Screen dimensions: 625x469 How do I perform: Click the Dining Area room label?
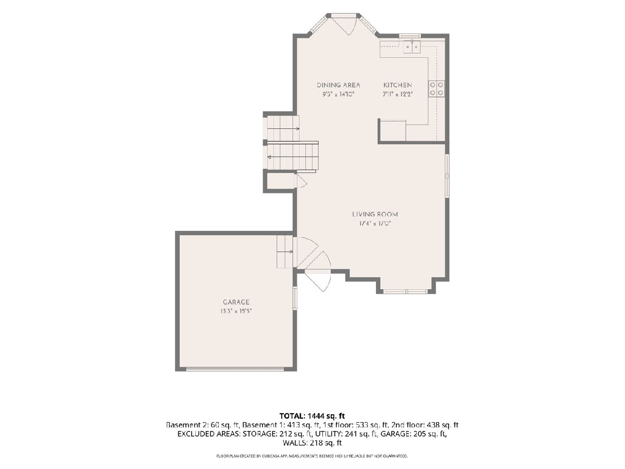tap(338, 85)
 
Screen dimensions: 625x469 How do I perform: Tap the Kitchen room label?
tap(397, 85)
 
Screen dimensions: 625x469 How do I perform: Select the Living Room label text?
tap(374, 214)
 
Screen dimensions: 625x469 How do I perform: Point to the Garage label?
tap(236, 302)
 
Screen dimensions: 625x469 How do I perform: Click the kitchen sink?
tap(412, 47)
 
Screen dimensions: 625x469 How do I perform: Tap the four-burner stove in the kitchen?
tap(436, 89)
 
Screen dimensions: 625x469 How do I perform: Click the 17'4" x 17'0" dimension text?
tap(374, 224)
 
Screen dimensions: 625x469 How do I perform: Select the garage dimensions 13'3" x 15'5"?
tap(236, 311)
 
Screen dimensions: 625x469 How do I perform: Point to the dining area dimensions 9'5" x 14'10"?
tap(338, 94)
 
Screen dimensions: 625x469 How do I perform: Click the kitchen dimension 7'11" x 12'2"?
tap(397, 94)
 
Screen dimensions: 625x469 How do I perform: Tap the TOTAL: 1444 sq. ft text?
tap(312, 416)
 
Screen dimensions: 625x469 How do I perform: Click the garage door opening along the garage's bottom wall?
tap(235, 369)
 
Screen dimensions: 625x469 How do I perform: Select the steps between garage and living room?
tap(285, 252)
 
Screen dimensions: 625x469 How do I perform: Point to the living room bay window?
tap(405, 291)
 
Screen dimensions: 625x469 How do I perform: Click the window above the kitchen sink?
tap(410, 35)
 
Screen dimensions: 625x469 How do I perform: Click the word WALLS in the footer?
tap(294, 443)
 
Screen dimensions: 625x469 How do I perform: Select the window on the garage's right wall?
tap(295, 298)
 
